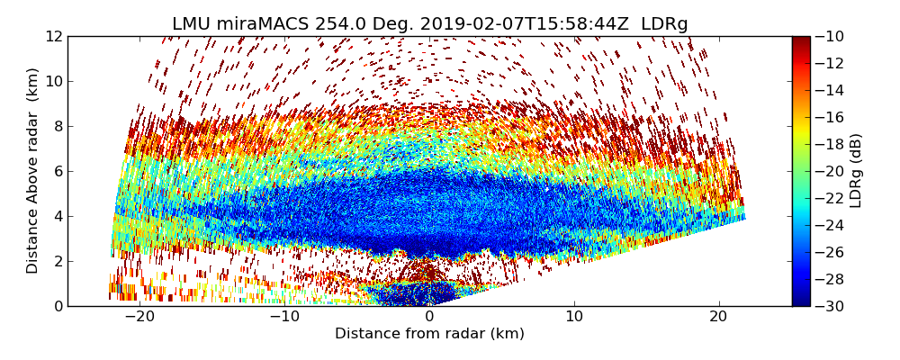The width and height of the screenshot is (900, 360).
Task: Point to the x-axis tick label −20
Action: pyautogui.click(x=139, y=317)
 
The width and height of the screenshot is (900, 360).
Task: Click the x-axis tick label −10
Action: pyautogui.click(x=284, y=317)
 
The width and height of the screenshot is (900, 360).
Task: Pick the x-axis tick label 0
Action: pyautogui.click(x=430, y=317)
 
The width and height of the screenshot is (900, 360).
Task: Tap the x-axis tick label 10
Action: pyautogui.click(x=574, y=317)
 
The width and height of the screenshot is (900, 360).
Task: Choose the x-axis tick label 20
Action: pyautogui.click(x=719, y=317)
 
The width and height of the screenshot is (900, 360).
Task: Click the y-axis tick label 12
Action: pyautogui.click(x=53, y=36)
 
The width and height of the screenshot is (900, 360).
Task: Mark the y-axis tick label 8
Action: pyautogui.click(x=57, y=126)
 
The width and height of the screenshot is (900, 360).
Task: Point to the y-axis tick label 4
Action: pyautogui.click(x=57, y=216)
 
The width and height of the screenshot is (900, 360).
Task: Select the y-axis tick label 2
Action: pyautogui.click(x=57, y=261)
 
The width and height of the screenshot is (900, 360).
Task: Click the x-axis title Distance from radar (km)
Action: pyautogui.click(x=429, y=334)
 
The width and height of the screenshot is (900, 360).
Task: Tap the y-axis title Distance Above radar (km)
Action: pyautogui.click(x=33, y=170)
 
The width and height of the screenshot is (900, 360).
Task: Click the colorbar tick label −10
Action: pyautogui.click(x=831, y=36)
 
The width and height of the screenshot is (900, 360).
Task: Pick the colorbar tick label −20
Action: pyautogui.click(x=831, y=171)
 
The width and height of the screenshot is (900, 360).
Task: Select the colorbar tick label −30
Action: pyautogui.click(x=831, y=306)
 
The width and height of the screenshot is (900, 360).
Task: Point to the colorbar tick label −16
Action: pyautogui.click(x=831, y=117)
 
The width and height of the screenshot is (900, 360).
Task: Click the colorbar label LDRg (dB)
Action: pyautogui.click(x=856, y=170)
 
